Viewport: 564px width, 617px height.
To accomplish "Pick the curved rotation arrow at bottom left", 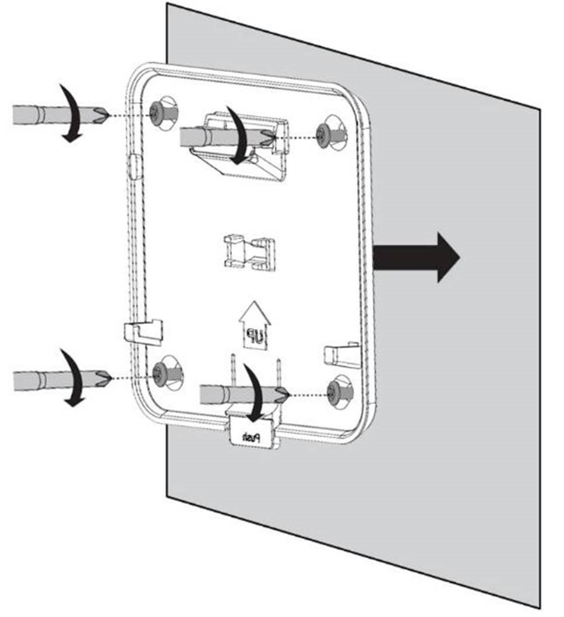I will point(73,377).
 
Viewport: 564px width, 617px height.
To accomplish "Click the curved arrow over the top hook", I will point(239,135).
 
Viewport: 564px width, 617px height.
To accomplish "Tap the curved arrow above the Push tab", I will point(254,393).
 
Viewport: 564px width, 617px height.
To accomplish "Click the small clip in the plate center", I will point(249,251).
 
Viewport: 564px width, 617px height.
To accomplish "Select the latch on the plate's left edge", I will point(143,331).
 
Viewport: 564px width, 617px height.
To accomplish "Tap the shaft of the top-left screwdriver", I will point(52,114).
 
